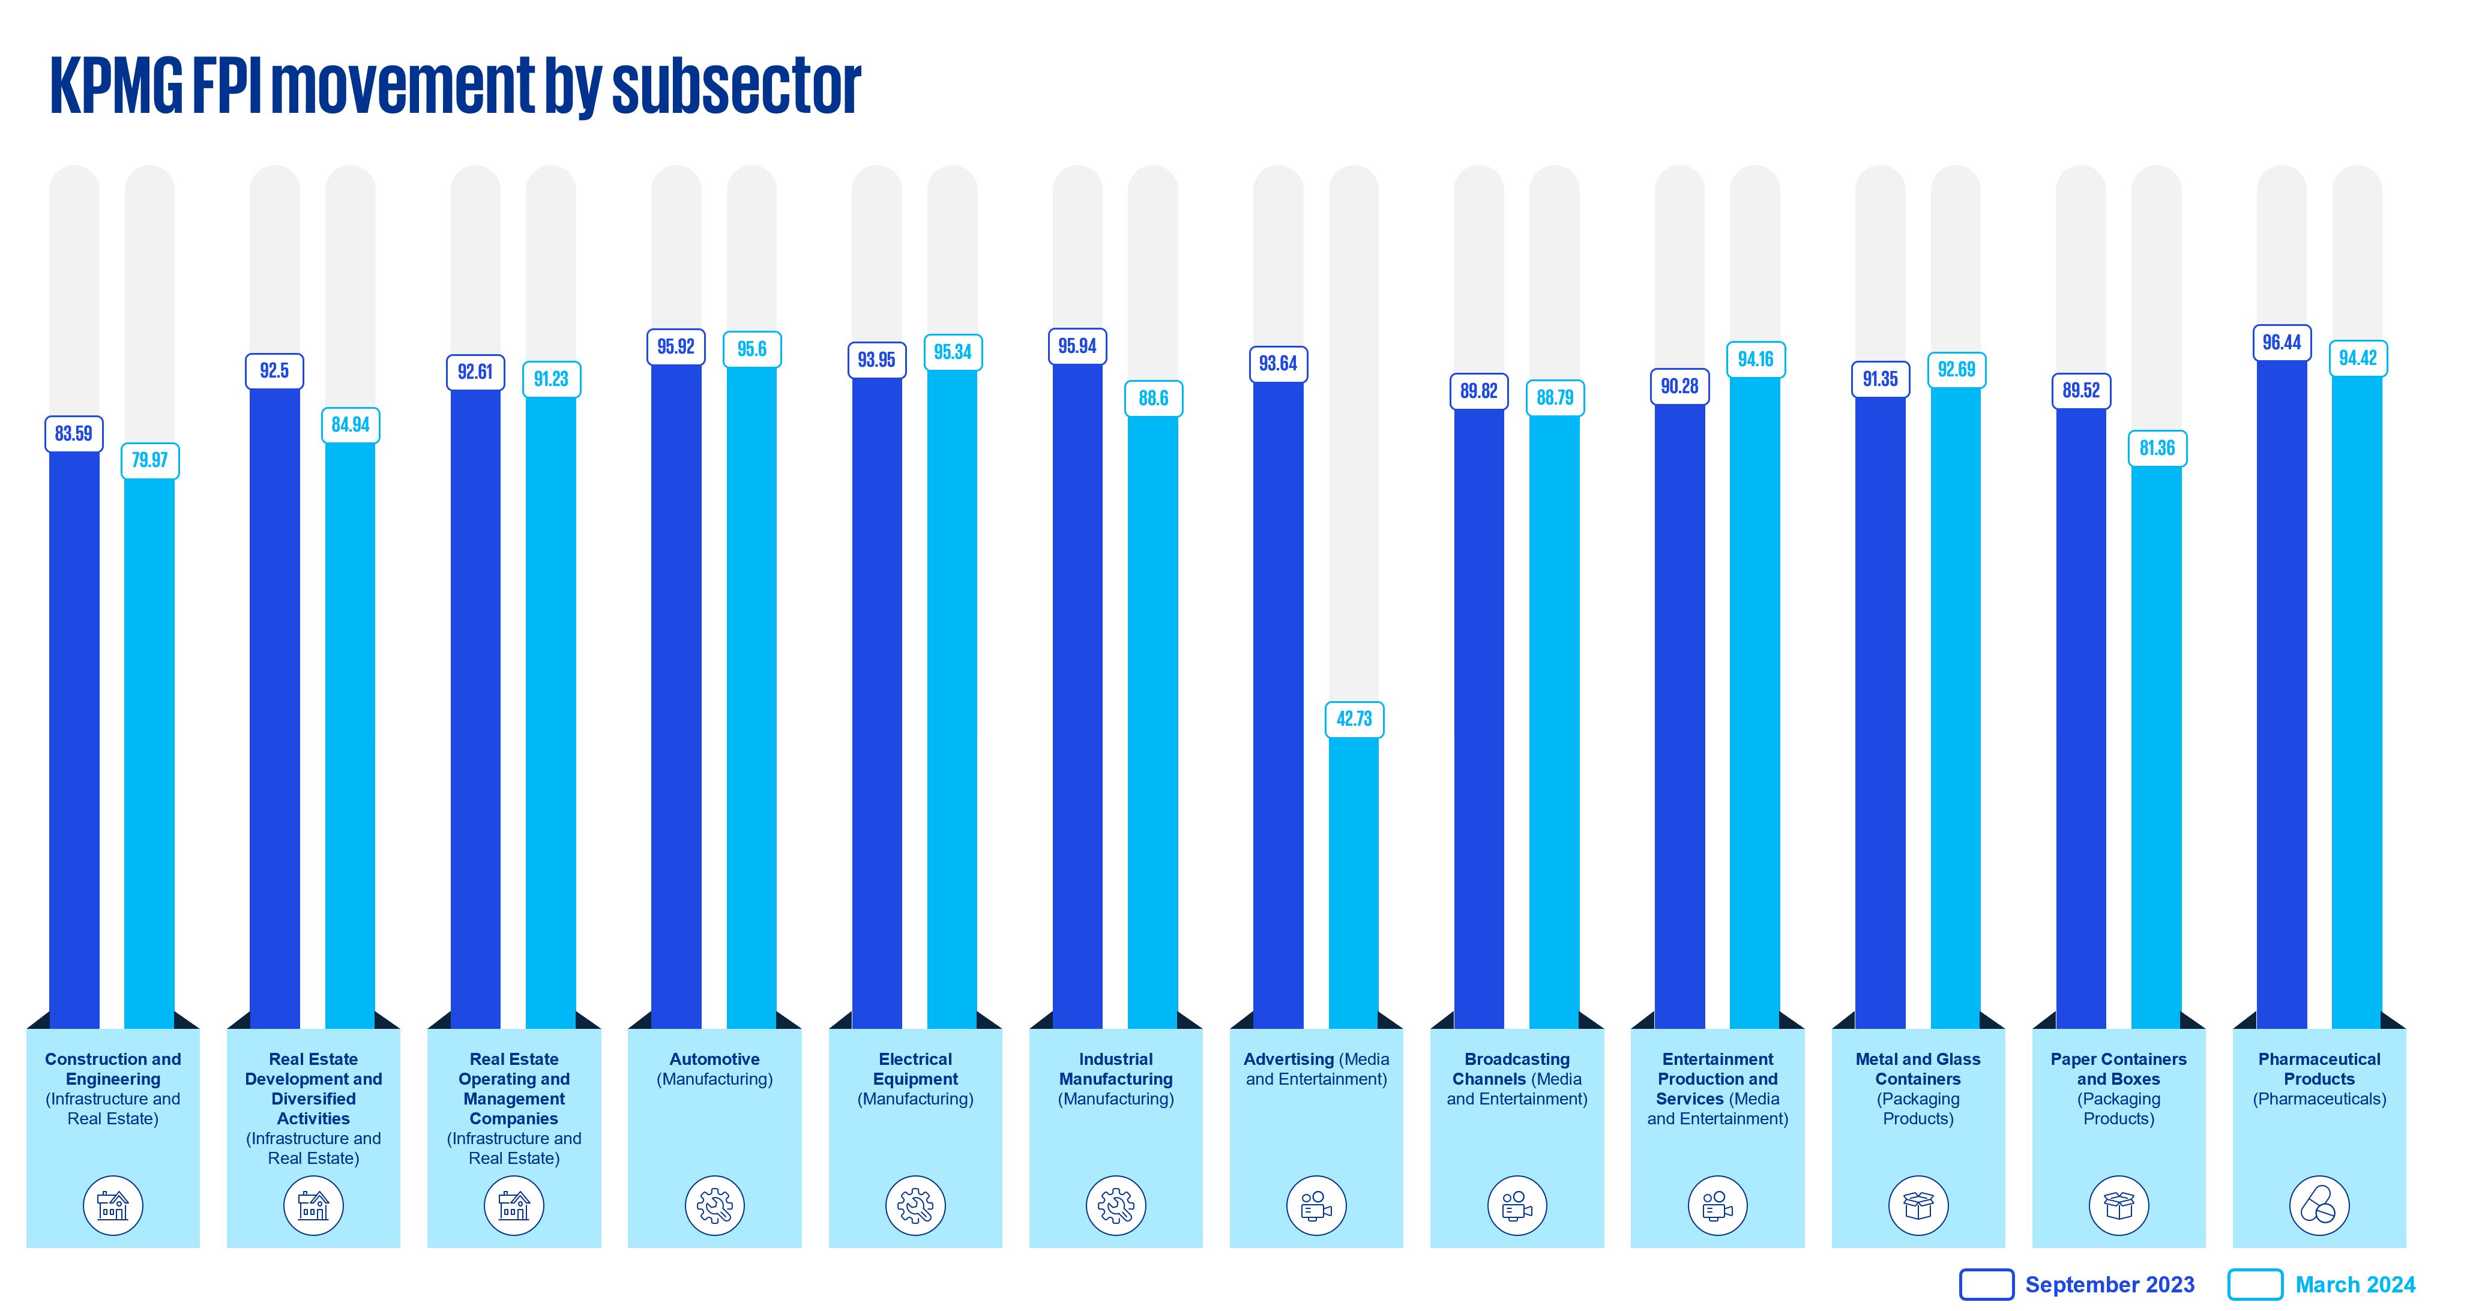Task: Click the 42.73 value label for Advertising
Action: pyautogui.click(x=1354, y=719)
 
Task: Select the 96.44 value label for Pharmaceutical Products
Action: pyautogui.click(x=2282, y=342)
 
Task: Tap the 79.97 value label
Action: pyautogui.click(x=149, y=460)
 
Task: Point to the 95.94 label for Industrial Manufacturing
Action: pyautogui.click(x=1077, y=346)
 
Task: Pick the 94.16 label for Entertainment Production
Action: pyautogui.click(x=1755, y=360)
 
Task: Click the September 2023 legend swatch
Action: pyautogui.click(x=1986, y=1284)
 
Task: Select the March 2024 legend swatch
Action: pyautogui.click(x=2255, y=1284)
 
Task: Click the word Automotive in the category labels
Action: pyautogui.click(x=715, y=1059)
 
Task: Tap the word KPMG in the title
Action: pyautogui.click(x=116, y=87)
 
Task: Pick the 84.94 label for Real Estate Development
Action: pyautogui.click(x=351, y=425)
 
